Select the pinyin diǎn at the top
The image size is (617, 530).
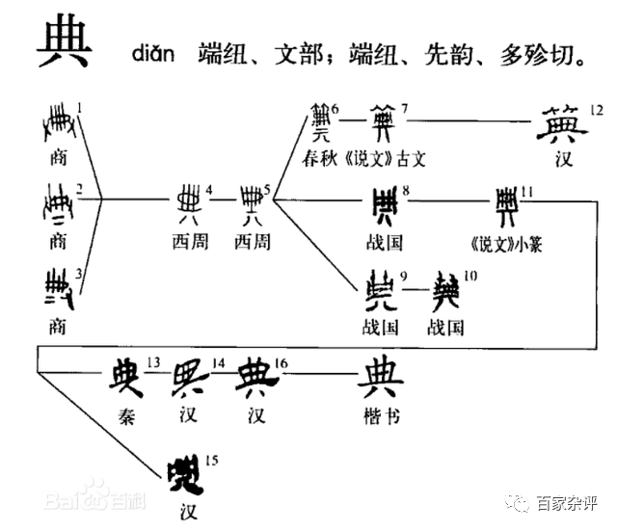click(x=153, y=53)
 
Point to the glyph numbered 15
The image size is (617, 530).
click(x=182, y=472)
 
